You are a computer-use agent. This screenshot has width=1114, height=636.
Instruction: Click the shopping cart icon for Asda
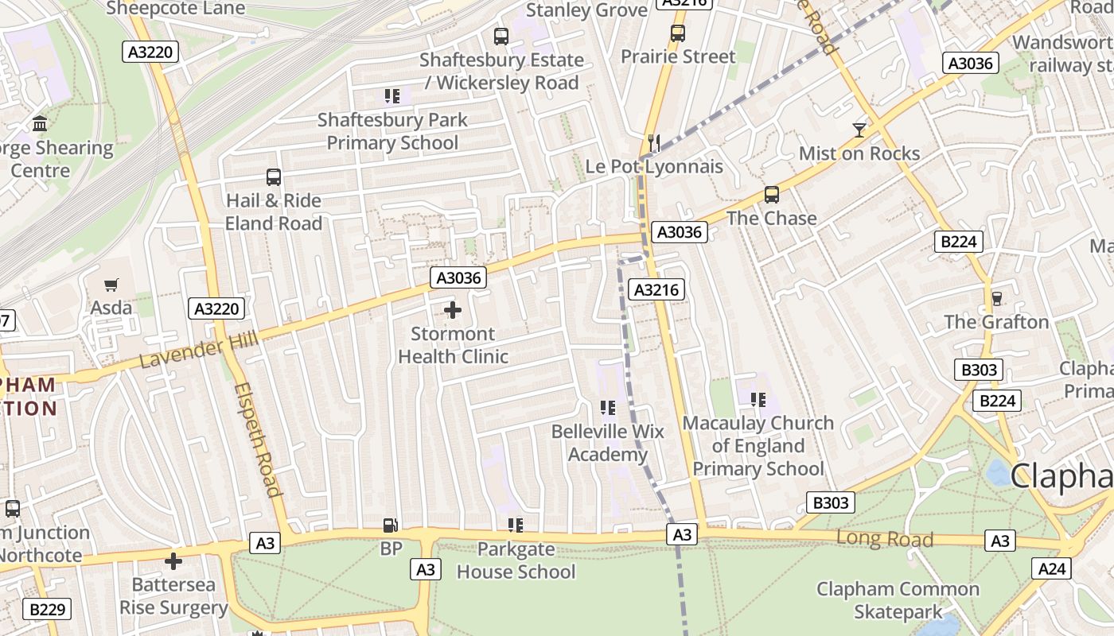coord(111,285)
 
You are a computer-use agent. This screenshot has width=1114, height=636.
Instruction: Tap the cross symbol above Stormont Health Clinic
coord(453,310)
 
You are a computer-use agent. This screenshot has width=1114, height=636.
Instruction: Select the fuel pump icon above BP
coord(390,525)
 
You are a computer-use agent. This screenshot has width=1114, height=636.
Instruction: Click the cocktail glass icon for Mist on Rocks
coord(859,130)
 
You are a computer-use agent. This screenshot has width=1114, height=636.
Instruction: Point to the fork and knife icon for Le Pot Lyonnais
coord(654,142)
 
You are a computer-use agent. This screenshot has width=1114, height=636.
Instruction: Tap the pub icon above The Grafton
coord(996,298)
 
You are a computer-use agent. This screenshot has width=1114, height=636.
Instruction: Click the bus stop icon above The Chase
coord(771,195)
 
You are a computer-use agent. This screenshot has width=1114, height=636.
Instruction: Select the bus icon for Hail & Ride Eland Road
coord(274,177)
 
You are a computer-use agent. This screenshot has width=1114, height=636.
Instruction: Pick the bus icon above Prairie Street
coord(678,33)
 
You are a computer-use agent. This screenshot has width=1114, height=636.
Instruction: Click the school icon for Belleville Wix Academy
coord(608,408)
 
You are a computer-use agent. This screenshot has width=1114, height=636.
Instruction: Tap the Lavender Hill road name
coord(198,351)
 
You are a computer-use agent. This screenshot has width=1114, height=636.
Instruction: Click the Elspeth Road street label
coord(259,439)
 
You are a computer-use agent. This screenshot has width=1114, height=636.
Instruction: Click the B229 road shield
coord(47,610)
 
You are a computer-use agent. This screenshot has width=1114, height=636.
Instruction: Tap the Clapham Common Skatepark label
coord(898,600)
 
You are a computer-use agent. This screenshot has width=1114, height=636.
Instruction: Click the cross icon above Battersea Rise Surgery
coord(173,561)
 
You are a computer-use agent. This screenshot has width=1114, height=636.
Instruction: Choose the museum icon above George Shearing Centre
coord(40,124)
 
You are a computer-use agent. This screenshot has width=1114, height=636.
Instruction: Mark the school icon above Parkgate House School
coord(516,525)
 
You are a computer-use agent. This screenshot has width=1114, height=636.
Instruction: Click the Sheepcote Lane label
coord(175,9)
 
